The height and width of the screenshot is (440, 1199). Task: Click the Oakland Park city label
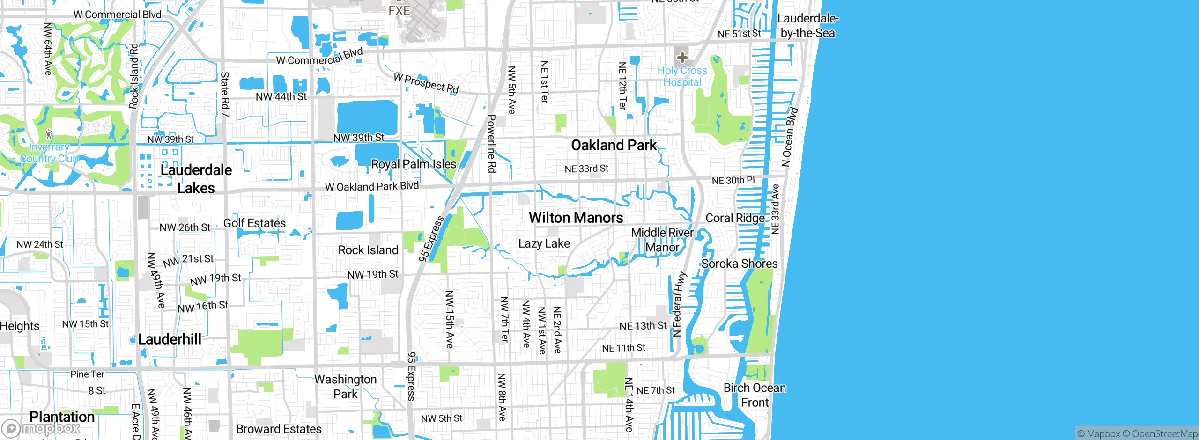(614, 145)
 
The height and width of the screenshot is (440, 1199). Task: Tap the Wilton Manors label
(576, 218)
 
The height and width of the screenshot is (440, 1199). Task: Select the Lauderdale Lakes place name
(196, 179)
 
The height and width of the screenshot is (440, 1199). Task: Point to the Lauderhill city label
(170, 339)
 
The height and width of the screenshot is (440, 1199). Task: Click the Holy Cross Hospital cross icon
(682, 58)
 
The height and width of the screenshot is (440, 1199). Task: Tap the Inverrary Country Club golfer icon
(49, 135)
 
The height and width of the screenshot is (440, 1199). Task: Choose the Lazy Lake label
(544, 243)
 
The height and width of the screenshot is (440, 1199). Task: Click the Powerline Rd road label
(491, 143)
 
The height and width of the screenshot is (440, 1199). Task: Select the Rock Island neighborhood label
(368, 250)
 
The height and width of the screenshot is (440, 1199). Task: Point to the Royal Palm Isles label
(414, 164)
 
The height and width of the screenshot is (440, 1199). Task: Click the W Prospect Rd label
(426, 83)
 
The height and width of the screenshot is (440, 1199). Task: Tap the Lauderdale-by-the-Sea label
(807, 26)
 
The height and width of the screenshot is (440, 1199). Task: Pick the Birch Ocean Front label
(755, 395)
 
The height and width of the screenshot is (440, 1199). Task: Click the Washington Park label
(345, 387)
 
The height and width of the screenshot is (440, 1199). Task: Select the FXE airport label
(399, 10)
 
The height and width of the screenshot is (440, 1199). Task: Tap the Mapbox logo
(41, 428)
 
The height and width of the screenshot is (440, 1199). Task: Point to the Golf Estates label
(254, 223)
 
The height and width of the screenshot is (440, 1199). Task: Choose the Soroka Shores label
(739, 264)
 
